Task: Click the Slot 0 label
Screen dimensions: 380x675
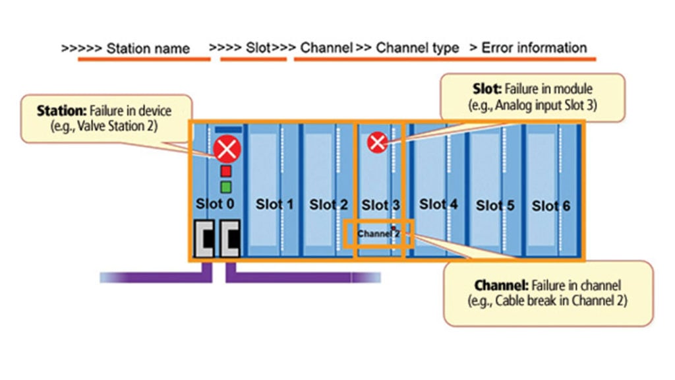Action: click(x=215, y=204)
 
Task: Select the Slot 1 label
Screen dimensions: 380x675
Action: click(x=274, y=205)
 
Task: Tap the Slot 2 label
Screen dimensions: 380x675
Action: click(x=328, y=205)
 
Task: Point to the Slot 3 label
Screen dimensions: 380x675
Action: click(x=380, y=206)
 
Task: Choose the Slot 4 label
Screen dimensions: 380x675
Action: click(x=438, y=205)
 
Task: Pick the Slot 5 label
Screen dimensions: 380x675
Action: click(x=495, y=206)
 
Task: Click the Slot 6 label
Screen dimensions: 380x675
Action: click(x=551, y=206)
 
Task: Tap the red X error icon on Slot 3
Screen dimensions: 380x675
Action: click(x=377, y=142)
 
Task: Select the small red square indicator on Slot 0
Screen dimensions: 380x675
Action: click(x=226, y=172)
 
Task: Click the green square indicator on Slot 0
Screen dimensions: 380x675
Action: click(x=226, y=187)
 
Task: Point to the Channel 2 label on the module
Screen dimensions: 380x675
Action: click(x=378, y=234)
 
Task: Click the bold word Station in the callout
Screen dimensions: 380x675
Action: click(x=59, y=111)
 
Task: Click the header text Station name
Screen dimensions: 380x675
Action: click(x=148, y=48)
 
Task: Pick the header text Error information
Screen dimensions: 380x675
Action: click(x=534, y=47)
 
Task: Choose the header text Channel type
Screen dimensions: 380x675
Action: click(x=417, y=47)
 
